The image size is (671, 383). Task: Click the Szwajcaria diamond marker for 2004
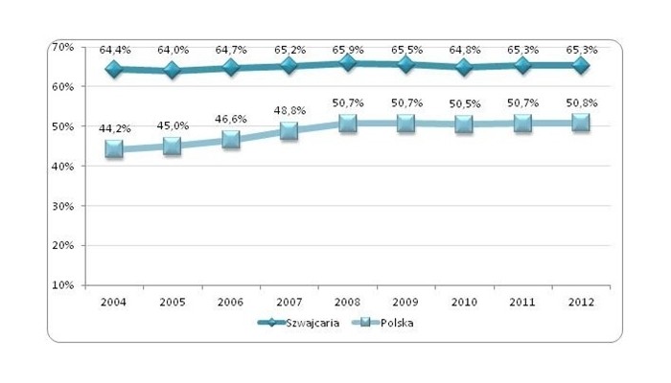[114, 69]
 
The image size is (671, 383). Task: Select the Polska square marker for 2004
[114, 149]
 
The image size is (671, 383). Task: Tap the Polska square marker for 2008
[348, 124]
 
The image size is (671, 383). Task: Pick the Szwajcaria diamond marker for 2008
[348, 63]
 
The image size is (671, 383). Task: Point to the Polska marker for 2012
[581, 123]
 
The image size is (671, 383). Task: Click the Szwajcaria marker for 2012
[581, 65]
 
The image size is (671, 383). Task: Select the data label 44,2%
[114, 129]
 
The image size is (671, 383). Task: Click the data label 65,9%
[348, 46]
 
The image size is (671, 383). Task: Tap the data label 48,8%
[289, 111]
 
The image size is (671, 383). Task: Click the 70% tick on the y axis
[62, 46]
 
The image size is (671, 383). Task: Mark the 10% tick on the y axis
[62, 285]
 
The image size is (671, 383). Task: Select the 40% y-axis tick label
[62, 166]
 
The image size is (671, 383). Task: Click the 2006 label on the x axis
[231, 302]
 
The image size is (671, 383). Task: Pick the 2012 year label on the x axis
[581, 302]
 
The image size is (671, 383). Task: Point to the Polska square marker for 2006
[231, 140]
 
